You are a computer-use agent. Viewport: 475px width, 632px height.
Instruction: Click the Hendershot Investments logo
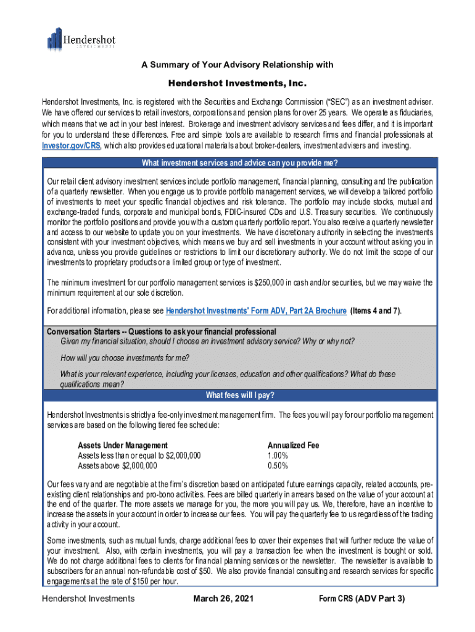[81, 39]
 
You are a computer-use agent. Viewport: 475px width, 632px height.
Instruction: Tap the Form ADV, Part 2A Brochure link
[256, 311]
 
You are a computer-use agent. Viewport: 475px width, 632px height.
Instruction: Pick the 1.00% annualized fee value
[278, 455]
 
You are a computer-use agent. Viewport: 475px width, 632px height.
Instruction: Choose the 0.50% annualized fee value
[278, 465]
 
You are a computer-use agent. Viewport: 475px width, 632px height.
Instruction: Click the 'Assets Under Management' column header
[122, 446]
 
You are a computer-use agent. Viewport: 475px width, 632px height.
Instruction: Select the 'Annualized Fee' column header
[293, 446]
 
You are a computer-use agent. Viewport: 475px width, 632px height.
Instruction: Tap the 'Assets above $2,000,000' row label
[117, 465]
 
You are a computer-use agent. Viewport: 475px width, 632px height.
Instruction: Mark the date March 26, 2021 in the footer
[223, 599]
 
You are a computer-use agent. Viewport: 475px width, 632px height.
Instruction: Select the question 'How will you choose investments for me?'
[125, 359]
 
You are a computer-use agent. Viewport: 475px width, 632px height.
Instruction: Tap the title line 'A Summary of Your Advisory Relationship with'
[238, 65]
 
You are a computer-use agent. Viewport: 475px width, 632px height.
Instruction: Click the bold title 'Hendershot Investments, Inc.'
[238, 83]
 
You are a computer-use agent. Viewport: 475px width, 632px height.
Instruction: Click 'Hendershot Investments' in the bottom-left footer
[88, 599]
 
